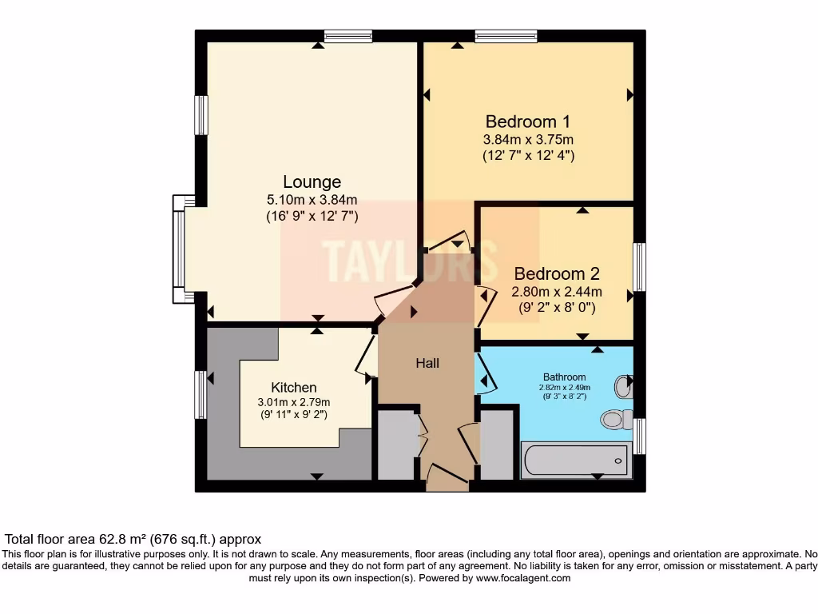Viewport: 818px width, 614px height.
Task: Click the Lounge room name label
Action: (312, 182)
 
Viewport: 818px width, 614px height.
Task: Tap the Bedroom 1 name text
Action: (527, 122)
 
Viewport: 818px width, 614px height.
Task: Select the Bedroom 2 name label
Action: (556, 273)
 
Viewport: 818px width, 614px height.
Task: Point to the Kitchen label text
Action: (293, 387)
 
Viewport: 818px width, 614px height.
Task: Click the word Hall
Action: (427, 363)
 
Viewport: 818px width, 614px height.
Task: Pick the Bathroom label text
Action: (565, 377)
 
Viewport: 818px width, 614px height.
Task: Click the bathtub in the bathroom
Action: (575, 460)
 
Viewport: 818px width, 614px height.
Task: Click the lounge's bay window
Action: (179, 249)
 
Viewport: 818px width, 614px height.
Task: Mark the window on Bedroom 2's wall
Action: (639, 267)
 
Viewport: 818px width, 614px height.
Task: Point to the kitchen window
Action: (201, 394)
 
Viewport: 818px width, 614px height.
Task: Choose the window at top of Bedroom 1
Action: (506, 35)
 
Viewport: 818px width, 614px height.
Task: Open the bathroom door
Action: (486, 373)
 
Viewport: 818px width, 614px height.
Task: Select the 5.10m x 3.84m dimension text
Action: (312, 200)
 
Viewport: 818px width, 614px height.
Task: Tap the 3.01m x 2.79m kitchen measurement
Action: (293, 401)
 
